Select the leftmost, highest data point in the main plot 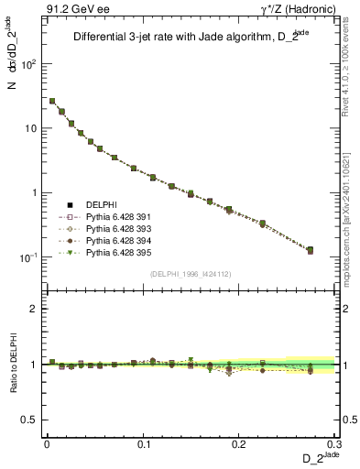pyautogui.click(x=52, y=101)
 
